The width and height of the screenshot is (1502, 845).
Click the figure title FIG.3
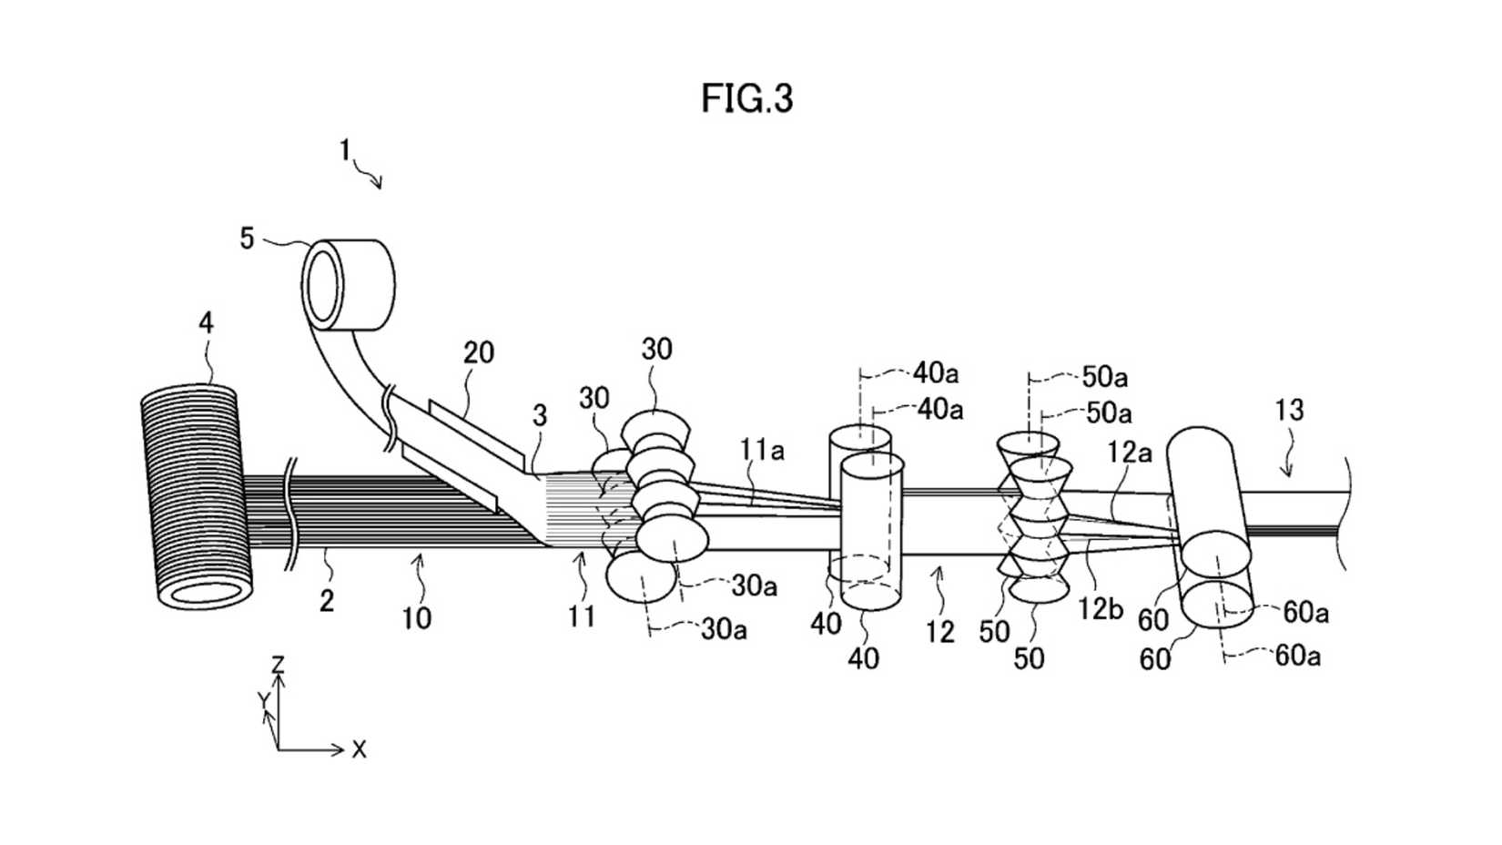[746, 98]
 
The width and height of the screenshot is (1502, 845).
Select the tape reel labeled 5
[349, 284]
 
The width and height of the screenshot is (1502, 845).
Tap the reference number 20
[478, 352]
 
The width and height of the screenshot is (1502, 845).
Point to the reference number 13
[1288, 411]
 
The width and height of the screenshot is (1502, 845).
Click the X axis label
[360, 750]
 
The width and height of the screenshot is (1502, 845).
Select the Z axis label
[279, 664]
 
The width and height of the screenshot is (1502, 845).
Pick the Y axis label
[262, 699]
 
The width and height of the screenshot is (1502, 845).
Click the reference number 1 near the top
[345, 149]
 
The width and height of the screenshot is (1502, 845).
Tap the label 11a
[761, 450]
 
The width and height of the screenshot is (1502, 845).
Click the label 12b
[1100, 608]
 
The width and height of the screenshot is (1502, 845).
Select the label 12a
[1130, 452]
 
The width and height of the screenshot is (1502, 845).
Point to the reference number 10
[416, 618]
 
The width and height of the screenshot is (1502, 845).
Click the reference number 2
[327, 601]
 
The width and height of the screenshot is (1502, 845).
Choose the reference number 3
[540, 416]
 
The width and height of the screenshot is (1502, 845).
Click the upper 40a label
[936, 372]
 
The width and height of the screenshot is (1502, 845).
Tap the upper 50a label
[1104, 376]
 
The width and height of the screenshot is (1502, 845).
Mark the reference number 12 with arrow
[939, 631]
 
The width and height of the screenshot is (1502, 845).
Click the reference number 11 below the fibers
[582, 616]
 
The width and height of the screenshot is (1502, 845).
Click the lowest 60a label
[1296, 655]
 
